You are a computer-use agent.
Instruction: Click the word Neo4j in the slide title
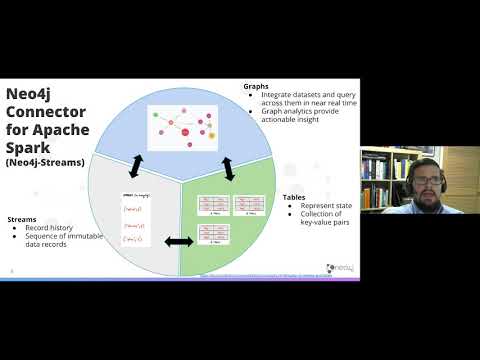click(32, 95)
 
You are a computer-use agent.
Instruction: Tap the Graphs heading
click(256, 86)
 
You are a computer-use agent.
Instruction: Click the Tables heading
click(293, 198)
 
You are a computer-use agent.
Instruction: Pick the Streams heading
click(23, 218)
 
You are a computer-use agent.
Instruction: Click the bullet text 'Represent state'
click(329, 207)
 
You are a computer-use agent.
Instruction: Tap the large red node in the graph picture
click(185, 132)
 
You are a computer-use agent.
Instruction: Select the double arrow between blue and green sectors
click(228, 168)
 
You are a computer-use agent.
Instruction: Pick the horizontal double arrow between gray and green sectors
click(178, 240)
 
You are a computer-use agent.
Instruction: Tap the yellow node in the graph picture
click(211, 135)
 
